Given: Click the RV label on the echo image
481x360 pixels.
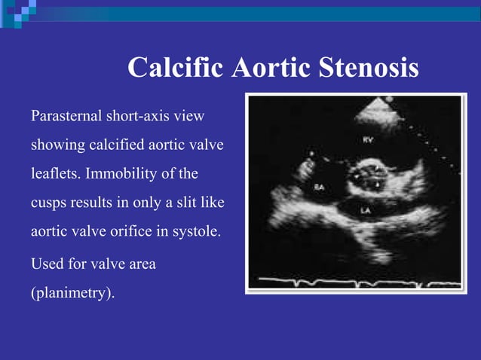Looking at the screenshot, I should point(367,140).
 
